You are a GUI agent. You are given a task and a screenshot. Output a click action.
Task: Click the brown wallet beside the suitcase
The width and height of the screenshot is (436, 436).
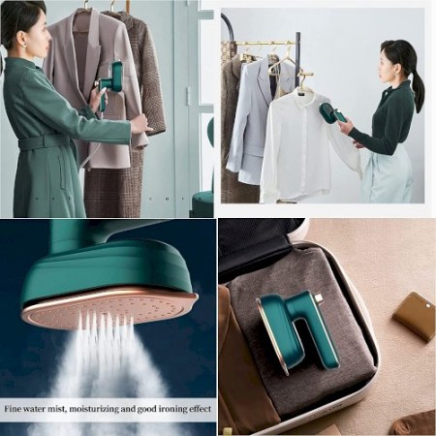pos(414,317)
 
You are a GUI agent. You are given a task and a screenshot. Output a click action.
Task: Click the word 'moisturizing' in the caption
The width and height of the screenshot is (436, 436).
pos(92,409)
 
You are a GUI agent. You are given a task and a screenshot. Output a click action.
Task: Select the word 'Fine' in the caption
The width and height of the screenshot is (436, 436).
pos(13,409)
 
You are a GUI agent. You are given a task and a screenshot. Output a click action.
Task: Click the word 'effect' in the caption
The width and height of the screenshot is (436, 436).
pos(200,409)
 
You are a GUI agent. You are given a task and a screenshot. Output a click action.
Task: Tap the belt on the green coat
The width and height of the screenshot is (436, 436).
pos(46,142)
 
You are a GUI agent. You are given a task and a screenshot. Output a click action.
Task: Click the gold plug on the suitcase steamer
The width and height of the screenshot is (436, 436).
pos(318,297)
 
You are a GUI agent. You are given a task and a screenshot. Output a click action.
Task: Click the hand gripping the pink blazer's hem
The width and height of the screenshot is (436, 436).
pos(140,124)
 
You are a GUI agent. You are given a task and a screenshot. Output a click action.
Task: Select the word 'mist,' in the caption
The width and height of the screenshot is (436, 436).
pos(56,409)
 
